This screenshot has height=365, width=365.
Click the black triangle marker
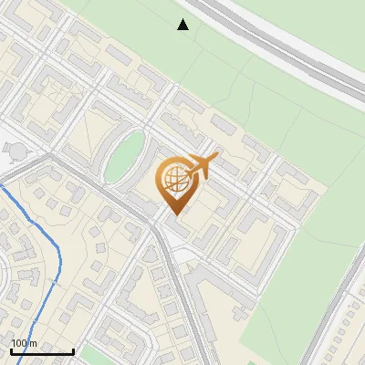[x=183, y=25]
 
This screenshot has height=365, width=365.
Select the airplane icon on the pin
[x=198, y=167]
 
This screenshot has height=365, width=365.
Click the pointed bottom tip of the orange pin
[x=175, y=214]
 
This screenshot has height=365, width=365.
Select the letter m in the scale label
[x=33, y=343]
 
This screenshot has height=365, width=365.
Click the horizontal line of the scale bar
[x=42, y=351]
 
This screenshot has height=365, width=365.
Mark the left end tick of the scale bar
[x=11, y=349]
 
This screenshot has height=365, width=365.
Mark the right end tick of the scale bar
[x=73, y=349]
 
